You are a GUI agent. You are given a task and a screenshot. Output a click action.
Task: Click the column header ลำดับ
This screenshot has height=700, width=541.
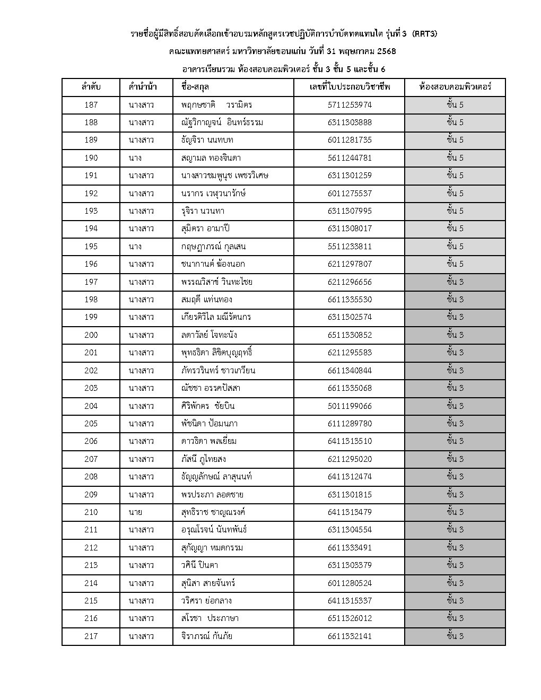91,87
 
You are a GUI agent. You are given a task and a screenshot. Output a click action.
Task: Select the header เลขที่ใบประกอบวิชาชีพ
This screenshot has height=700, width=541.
350,87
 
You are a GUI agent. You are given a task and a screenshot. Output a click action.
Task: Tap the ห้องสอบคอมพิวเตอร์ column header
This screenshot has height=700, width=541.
455,87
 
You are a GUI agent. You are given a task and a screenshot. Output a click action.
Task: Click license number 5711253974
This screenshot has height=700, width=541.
350,105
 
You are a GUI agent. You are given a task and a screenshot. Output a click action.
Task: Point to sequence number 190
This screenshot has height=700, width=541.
91,158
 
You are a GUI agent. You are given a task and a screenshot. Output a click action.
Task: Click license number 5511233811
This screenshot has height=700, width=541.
350,247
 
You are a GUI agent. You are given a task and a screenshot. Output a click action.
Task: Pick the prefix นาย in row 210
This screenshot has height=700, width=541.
135,512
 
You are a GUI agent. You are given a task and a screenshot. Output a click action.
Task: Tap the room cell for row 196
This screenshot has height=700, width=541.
455,264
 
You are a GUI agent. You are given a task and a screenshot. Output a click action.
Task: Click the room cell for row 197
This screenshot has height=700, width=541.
455,282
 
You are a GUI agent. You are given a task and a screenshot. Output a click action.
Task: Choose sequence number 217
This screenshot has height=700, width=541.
91,636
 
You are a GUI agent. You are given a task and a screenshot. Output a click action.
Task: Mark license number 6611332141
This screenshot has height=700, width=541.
350,636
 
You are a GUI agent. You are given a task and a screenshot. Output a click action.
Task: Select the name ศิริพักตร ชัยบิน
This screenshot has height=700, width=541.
207,406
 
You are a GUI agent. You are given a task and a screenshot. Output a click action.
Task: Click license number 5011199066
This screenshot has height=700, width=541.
350,406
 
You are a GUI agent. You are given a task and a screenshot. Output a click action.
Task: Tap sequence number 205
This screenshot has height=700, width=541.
91,424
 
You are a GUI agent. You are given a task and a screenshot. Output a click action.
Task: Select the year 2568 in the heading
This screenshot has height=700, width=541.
386,52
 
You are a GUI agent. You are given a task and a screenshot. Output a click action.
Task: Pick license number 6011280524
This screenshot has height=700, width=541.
350,583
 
